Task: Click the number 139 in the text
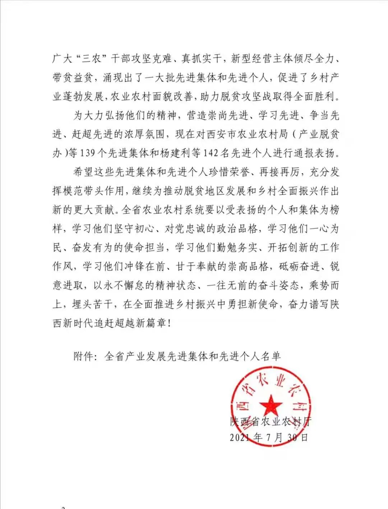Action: click(88, 153)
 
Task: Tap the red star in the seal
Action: click(271, 405)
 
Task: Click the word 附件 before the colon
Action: click(83, 356)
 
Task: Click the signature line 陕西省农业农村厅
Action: click(271, 421)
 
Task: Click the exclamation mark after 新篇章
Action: click(170, 323)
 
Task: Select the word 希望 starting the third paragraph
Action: click(83, 172)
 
